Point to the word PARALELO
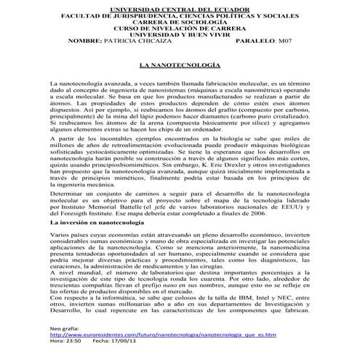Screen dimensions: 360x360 pyautogui.click(x=260, y=41)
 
